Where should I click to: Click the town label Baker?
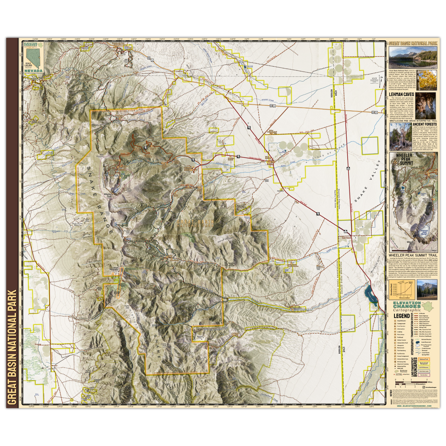coord(270,164)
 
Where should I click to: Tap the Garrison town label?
coord(346,238)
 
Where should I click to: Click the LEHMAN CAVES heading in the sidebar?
coord(401,94)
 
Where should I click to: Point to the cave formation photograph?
coord(426,106)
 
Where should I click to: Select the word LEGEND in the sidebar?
coord(401,316)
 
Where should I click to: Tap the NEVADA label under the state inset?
coord(33,71)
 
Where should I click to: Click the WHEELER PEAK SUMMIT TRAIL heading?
coord(413,256)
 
